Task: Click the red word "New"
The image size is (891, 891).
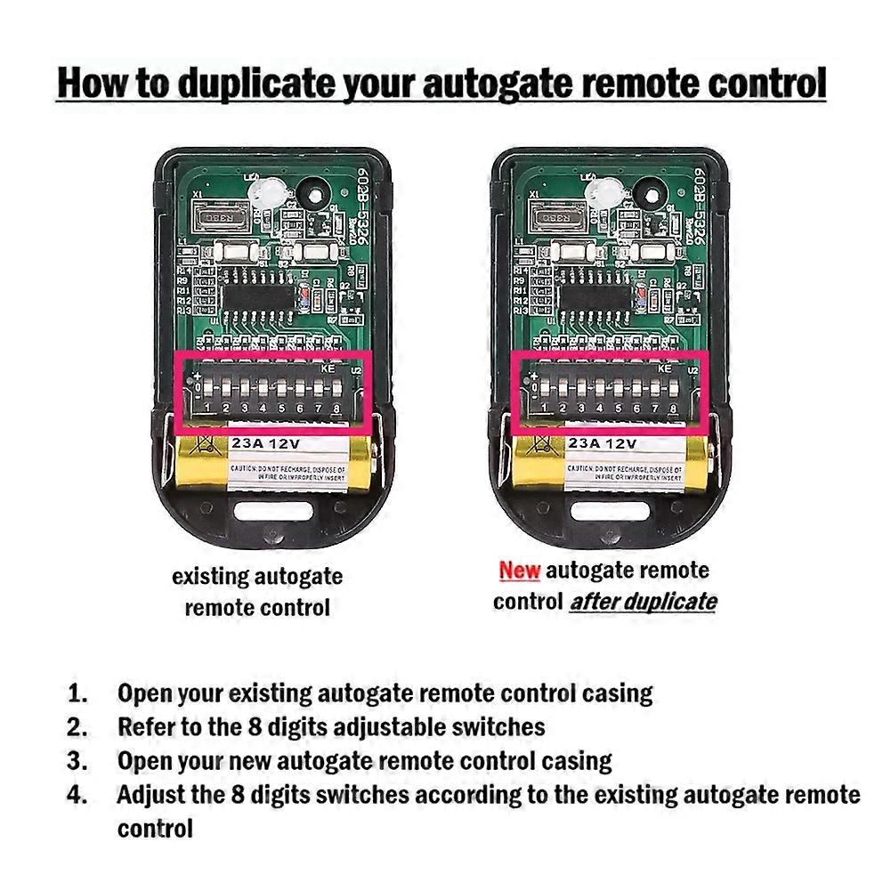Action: click(x=520, y=571)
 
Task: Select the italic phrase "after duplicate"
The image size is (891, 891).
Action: click(x=644, y=602)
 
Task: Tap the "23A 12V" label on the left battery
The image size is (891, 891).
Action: click(x=266, y=442)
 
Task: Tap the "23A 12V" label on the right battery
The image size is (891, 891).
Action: click(x=603, y=442)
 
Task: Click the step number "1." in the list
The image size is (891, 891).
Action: click(x=78, y=693)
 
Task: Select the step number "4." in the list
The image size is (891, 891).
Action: click(x=78, y=795)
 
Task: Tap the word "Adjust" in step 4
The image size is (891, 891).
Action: click(x=150, y=795)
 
